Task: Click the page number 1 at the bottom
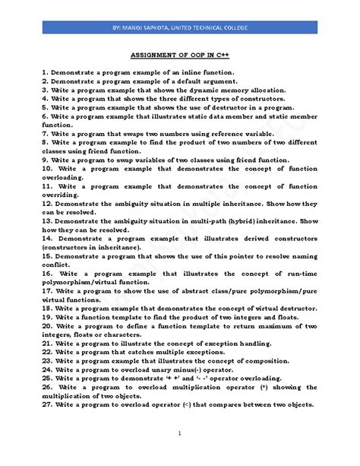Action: [x=180, y=433]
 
